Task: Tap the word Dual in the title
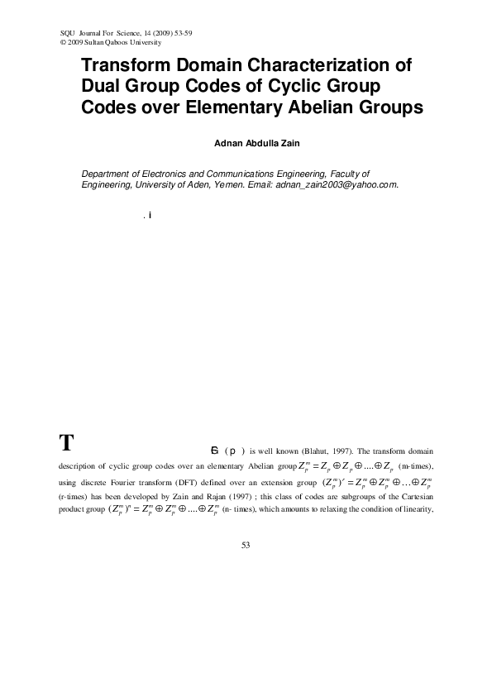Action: pyautogui.click(x=103, y=86)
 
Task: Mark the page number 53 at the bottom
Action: pyautogui.click(x=246, y=545)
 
